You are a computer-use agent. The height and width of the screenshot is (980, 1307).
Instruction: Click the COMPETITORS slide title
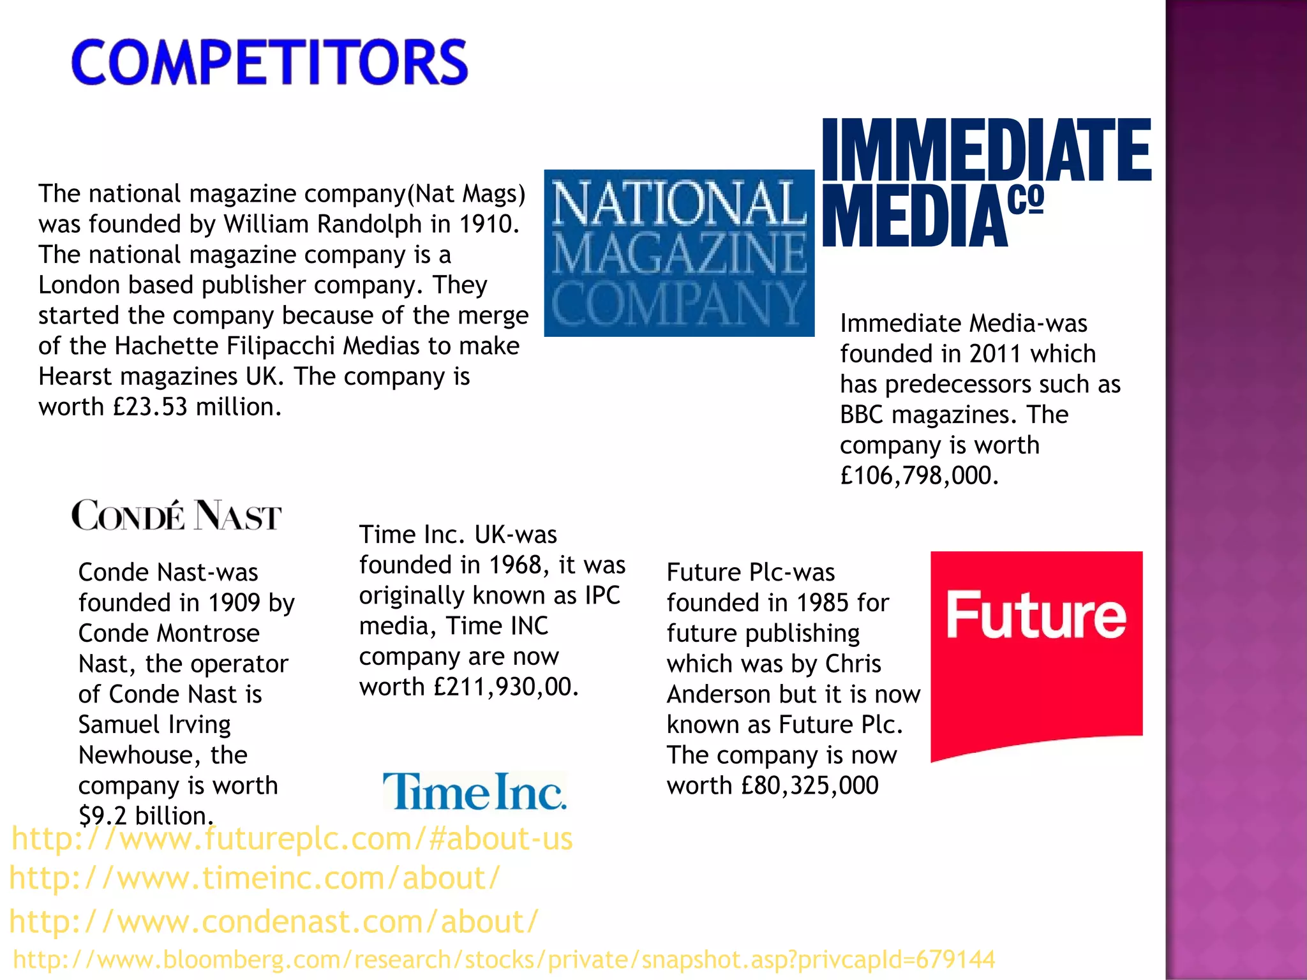coord(269,62)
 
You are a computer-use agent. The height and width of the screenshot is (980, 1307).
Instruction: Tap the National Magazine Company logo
coord(679,253)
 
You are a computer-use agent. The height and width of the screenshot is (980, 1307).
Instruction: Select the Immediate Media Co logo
coord(985,183)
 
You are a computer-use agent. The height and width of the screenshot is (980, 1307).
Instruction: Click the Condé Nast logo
coord(176,516)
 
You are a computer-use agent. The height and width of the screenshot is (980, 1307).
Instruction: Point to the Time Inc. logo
coord(474,791)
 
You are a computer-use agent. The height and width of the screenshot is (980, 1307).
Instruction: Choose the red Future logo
coord(1036,654)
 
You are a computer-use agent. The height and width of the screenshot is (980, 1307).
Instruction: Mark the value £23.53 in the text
coord(151,407)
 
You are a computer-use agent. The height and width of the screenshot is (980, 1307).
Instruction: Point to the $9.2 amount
coord(103,816)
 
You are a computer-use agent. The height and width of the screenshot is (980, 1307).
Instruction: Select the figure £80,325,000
coord(810,785)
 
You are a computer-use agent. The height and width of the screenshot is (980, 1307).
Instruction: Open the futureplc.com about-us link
coord(292,839)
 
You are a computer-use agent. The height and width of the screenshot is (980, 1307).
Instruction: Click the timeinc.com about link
coord(255,879)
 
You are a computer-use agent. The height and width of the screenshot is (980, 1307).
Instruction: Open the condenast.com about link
coord(274,922)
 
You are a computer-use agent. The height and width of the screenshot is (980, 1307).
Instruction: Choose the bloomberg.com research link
coord(504,960)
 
